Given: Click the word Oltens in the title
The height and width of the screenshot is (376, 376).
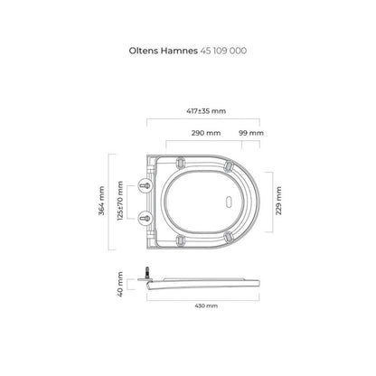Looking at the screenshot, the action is coord(144,51).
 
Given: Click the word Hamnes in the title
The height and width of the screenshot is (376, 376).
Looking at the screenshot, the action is coord(179,51).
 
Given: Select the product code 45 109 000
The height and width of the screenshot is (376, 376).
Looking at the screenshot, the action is coord(223,51).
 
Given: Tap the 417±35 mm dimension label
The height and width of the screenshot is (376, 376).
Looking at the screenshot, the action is coord(206,111).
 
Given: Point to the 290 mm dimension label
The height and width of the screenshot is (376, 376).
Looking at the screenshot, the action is coord(206,133).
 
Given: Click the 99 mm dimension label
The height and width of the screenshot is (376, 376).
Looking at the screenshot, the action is coord(251,133).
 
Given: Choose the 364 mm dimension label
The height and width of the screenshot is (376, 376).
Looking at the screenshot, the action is coord(101,201).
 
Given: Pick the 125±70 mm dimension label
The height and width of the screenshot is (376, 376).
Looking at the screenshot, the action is coord(120,201).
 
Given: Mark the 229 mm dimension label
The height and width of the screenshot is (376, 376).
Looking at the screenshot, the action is coord(278,201).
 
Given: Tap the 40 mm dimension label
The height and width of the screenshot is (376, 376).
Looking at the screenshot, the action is coord(120,284).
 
